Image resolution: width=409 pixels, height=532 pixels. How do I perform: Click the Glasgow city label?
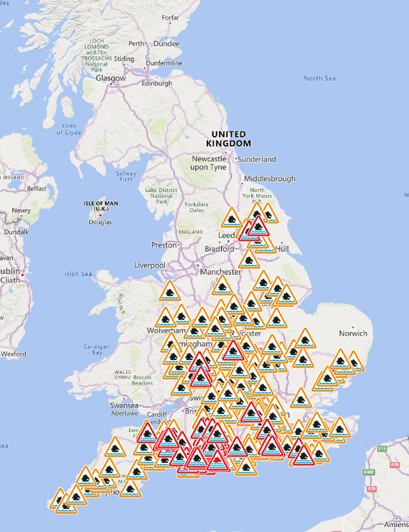coord(113,78)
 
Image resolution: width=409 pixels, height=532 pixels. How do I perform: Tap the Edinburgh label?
coord(157,83)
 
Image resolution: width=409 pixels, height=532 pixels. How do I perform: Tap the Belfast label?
coord(36,188)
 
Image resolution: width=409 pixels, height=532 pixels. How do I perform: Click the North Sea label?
coord(319,78)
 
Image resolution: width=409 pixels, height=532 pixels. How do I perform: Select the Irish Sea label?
coord(78,274)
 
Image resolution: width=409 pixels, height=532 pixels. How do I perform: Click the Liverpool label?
coord(150,265)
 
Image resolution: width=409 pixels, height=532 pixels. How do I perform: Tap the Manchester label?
coord(221,272)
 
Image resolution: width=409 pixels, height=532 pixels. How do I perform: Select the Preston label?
coord(164,244)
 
